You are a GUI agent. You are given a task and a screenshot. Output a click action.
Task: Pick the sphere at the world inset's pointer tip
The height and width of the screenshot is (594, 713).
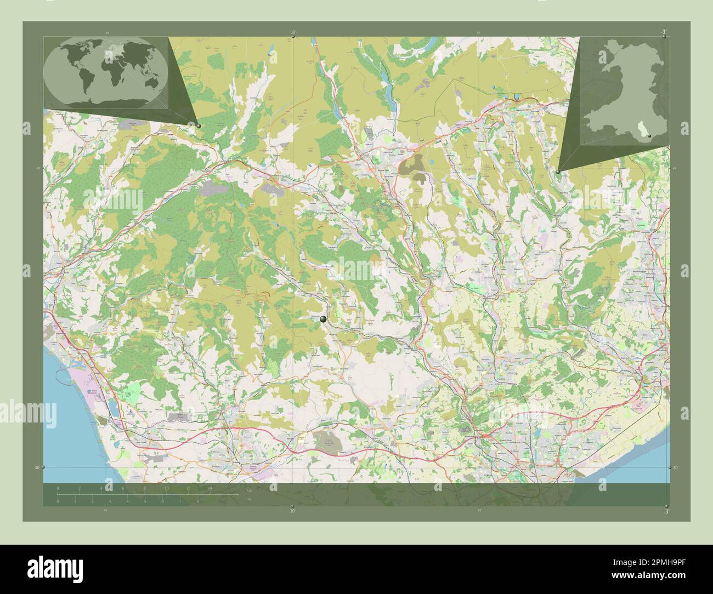point(199,125)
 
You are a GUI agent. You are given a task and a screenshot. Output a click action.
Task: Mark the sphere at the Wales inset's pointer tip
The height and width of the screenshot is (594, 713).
point(558,172)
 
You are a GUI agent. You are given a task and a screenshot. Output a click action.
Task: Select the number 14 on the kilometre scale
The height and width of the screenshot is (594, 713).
point(210,488)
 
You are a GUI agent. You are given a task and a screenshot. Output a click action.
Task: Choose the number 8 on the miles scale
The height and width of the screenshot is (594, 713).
point(197,501)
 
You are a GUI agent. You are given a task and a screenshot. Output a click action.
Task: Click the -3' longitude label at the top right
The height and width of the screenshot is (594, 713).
point(664,33)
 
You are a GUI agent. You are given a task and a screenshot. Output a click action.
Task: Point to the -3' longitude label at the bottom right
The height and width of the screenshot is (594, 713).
point(665,511)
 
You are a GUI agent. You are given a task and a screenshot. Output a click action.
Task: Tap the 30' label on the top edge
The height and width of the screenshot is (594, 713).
point(293,33)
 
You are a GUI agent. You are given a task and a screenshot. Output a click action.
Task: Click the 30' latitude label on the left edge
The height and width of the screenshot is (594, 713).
point(36,467)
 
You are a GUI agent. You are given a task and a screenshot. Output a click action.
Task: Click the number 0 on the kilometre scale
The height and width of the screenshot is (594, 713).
point(58,488)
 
